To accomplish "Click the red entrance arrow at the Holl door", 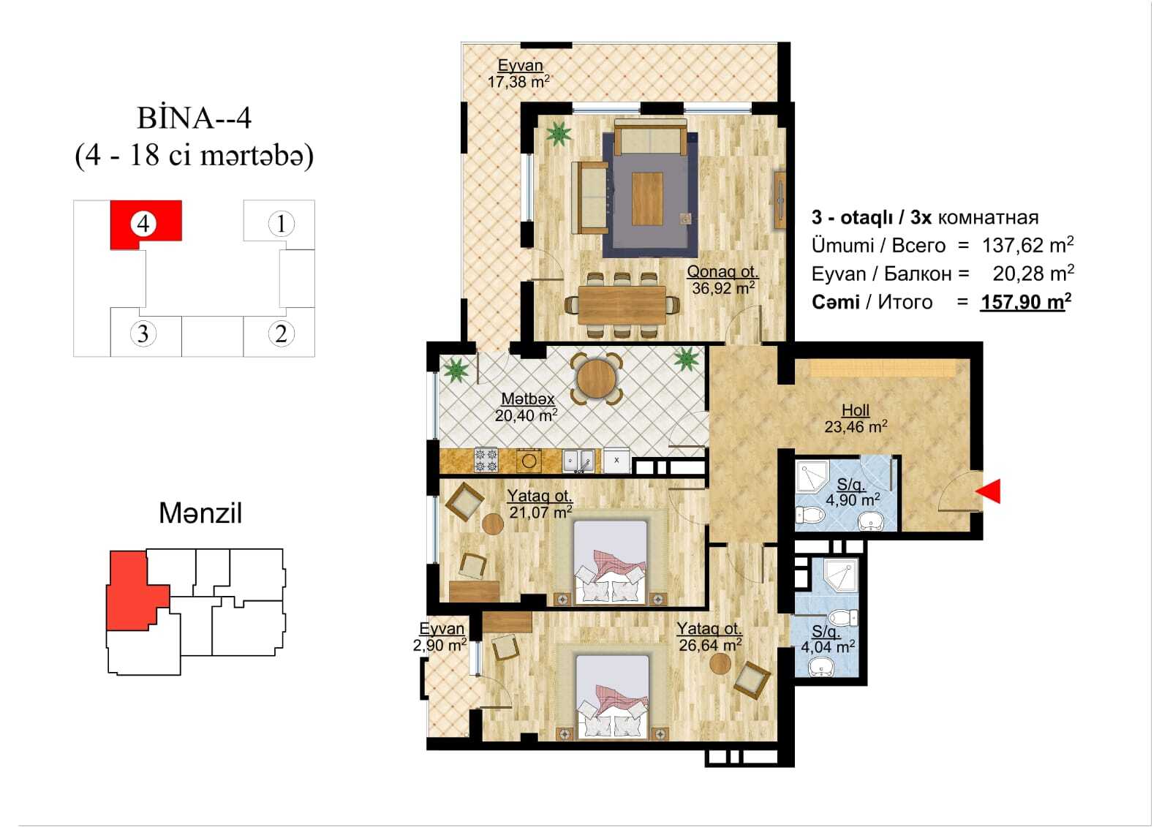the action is (989, 491).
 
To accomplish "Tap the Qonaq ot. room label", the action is (722, 271).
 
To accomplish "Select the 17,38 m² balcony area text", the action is (518, 81).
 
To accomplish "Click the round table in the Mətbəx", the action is (596, 379).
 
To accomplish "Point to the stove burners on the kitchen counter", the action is (486, 460).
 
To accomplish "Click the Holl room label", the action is (856, 410).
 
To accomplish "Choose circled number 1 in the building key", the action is (281, 224).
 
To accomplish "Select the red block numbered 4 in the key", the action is (146, 224).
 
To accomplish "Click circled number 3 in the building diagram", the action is (143, 333).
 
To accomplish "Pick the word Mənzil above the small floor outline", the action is (200, 513).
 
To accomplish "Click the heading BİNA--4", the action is (195, 118).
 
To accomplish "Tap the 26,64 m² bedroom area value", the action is (710, 645).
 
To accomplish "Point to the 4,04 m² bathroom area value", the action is (828, 647).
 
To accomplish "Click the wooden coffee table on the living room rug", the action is (647, 199).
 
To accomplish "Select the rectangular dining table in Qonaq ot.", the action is (622, 305).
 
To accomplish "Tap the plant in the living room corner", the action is (559, 133).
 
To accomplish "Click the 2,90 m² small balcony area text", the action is (439, 646).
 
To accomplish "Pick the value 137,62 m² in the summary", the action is (1027, 245).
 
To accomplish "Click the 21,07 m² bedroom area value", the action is (540, 512).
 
